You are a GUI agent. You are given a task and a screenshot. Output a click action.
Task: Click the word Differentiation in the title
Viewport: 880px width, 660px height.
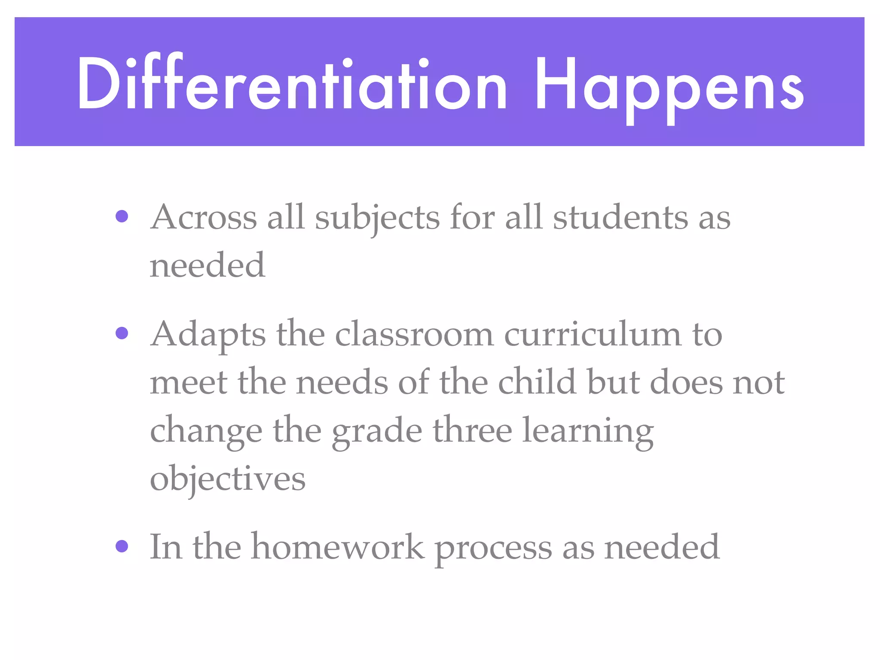[292, 84]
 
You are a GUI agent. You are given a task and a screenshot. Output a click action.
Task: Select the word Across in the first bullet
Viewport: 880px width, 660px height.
[204, 217]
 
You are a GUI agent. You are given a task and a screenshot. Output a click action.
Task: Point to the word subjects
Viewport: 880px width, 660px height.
[377, 218]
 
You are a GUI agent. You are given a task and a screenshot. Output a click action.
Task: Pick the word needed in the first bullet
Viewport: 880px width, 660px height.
[208, 265]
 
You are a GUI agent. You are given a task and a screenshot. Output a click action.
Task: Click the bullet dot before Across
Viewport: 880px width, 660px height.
[122, 216]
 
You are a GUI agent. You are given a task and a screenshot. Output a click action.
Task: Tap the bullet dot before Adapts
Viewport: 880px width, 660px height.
[122, 333]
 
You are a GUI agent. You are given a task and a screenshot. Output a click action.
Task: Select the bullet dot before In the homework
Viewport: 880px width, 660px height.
[122, 546]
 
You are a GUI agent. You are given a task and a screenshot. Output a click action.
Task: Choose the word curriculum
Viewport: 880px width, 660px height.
[593, 334]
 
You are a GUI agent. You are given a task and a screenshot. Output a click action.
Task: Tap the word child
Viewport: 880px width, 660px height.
[537, 382]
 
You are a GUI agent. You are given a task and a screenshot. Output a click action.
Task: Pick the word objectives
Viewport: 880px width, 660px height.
[228, 479]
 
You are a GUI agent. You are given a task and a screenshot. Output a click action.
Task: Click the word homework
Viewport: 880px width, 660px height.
[338, 547]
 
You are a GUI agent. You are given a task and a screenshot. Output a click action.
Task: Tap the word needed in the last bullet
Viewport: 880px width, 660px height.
[662, 547]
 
